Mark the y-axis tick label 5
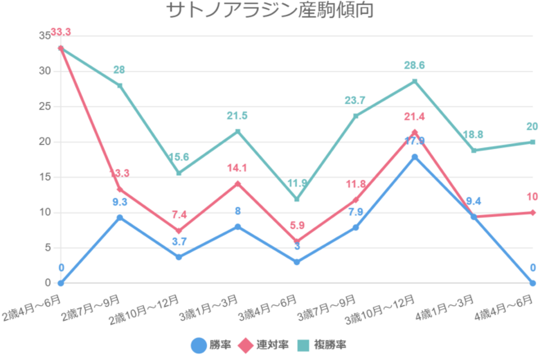[x=47, y=248]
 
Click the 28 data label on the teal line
[x=119, y=70]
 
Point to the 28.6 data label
[x=415, y=65]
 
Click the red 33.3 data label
[x=61, y=32]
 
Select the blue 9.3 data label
[x=119, y=201]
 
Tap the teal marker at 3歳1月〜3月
[x=237, y=132]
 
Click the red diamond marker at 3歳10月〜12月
[x=415, y=133]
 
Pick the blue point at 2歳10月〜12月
[x=178, y=257]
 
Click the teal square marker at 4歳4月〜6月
[x=533, y=142]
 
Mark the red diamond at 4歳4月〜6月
[x=533, y=213]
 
